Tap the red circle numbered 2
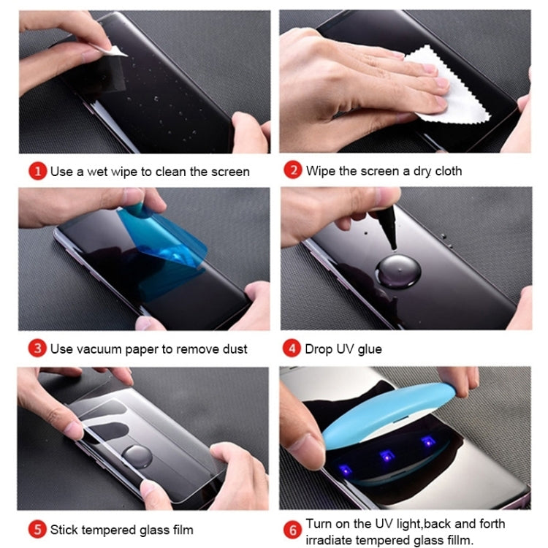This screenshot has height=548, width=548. (293, 171)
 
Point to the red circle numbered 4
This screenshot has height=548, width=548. (293, 349)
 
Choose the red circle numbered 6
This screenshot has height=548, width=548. (293, 529)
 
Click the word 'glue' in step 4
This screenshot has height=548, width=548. (369, 349)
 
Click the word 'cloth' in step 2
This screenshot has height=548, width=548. (447, 171)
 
